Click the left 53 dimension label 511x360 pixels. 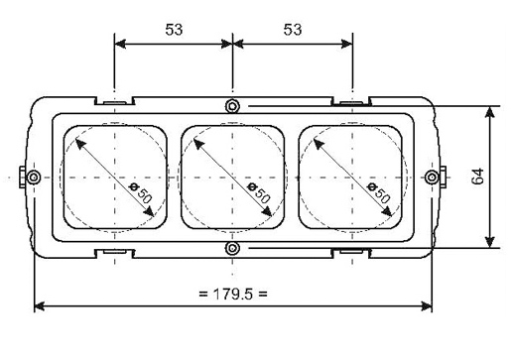[174, 30]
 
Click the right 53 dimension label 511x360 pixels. [293, 30]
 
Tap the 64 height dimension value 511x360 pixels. [477, 177]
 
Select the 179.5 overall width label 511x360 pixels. [233, 294]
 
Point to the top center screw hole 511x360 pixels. [232, 106]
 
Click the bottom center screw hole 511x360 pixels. [232, 248]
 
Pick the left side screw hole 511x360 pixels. [34, 178]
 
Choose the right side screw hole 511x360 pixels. [432, 178]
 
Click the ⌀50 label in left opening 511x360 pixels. [141, 192]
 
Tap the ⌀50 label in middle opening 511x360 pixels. [259, 192]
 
